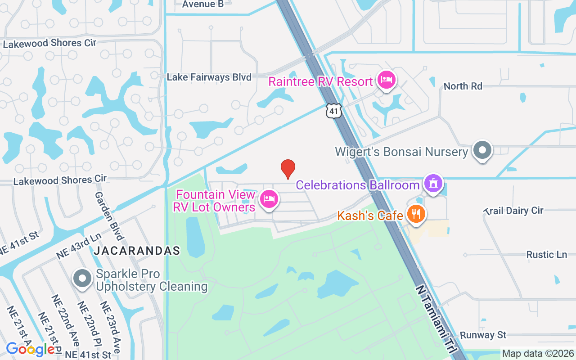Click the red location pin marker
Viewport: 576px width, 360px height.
click(x=288, y=169)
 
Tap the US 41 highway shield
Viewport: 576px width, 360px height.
click(x=334, y=111)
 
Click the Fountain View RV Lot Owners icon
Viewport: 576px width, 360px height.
click(x=269, y=199)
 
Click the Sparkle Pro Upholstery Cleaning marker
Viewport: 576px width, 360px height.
click(x=82, y=279)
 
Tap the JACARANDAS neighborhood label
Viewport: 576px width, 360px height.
click(x=137, y=251)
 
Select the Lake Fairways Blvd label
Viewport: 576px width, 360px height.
click(x=209, y=77)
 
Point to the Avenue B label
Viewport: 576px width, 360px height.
click(x=203, y=4)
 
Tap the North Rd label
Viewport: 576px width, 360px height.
click(x=463, y=86)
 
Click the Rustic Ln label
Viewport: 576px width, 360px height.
click(x=546, y=255)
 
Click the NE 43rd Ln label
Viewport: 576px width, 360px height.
click(x=79, y=246)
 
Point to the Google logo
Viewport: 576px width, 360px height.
click(x=30, y=349)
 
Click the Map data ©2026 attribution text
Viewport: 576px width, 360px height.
click(x=538, y=354)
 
